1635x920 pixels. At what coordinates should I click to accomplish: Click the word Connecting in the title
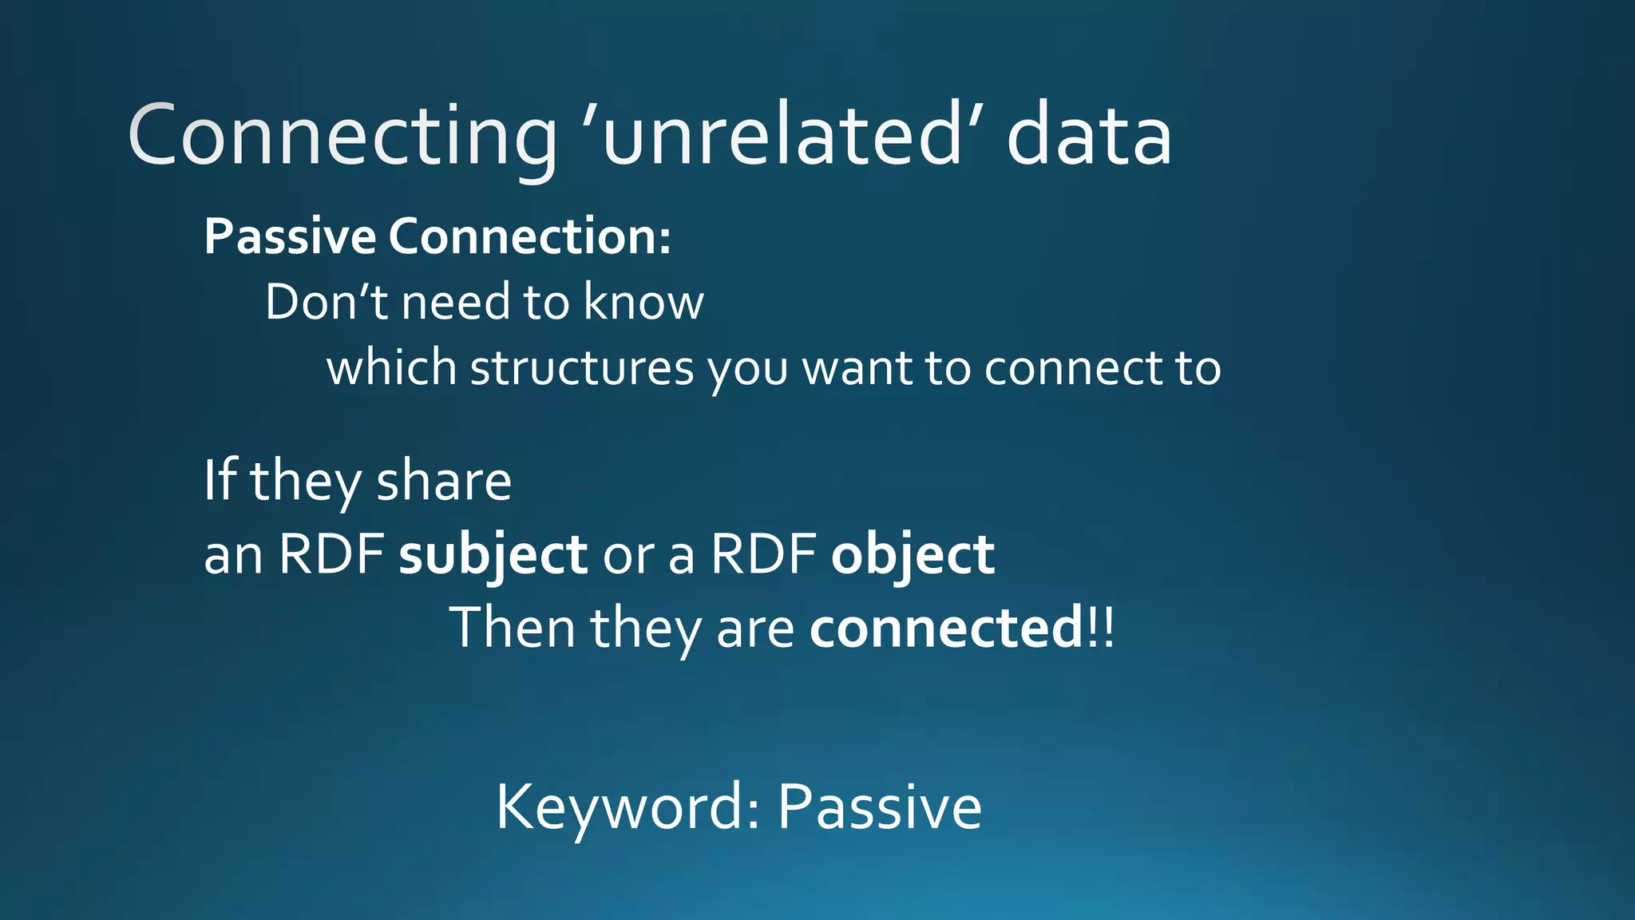(342, 136)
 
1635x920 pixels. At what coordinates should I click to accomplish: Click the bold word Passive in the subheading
(290, 237)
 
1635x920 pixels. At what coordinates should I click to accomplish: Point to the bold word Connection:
(530, 237)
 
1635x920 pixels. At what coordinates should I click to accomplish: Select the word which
(391, 368)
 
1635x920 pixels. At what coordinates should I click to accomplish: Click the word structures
(582, 368)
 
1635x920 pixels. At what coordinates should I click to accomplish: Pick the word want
(857, 368)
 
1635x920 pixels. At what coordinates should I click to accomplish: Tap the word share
(443, 482)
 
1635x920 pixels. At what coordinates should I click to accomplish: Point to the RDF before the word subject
(331, 553)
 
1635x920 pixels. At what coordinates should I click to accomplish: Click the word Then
(512, 628)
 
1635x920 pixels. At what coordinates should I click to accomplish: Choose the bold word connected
(946, 628)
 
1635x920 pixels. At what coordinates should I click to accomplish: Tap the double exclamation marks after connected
(1101, 628)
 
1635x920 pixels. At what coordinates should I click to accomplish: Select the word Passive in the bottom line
(879, 807)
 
